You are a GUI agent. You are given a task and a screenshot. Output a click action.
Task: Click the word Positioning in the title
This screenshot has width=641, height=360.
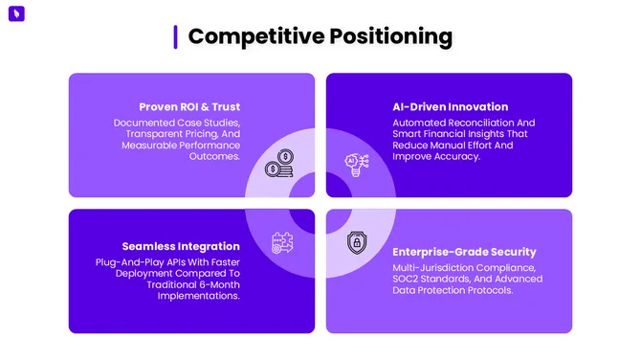(x=390, y=36)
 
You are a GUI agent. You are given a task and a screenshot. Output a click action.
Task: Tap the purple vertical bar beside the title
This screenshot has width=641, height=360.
(x=175, y=36)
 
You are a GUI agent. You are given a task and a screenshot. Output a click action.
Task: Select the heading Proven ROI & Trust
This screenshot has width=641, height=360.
(x=189, y=106)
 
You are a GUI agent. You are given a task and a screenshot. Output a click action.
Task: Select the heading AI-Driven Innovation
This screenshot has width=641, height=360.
(x=450, y=106)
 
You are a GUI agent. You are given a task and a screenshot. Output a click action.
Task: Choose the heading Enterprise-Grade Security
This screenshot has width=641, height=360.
(x=465, y=251)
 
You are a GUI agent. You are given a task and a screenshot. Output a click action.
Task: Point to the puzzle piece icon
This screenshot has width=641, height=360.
(x=281, y=241)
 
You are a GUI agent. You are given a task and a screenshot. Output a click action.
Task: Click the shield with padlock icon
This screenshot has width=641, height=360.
(x=355, y=241)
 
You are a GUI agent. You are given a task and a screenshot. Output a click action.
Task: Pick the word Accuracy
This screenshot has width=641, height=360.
(x=454, y=157)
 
